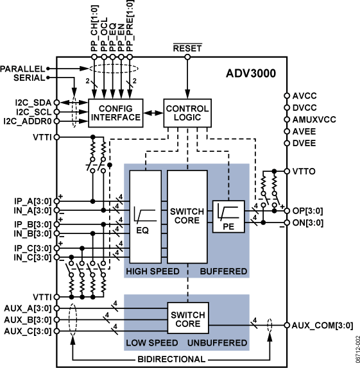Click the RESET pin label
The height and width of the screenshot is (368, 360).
click(x=187, y=47)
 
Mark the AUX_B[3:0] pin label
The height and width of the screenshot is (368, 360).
click(x=25, y=319)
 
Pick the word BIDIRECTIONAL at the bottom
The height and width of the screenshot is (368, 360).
click(x=171, y=358)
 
